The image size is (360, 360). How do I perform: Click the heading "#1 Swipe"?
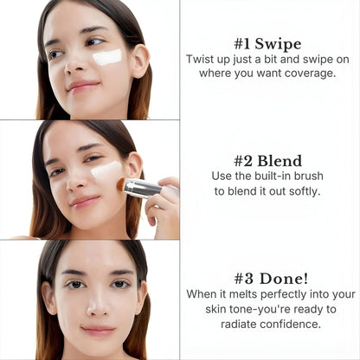pos(267,43)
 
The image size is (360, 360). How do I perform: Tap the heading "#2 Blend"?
pos(267,161)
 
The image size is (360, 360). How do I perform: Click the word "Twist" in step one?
pos(202,59)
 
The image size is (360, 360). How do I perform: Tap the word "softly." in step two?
pos(299,190)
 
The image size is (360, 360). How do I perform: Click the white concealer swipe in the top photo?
pos(107,57)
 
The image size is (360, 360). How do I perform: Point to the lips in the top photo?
pos(83,86)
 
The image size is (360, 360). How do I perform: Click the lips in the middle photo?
pos(84,201)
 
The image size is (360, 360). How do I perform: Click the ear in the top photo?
pos(138,61)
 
